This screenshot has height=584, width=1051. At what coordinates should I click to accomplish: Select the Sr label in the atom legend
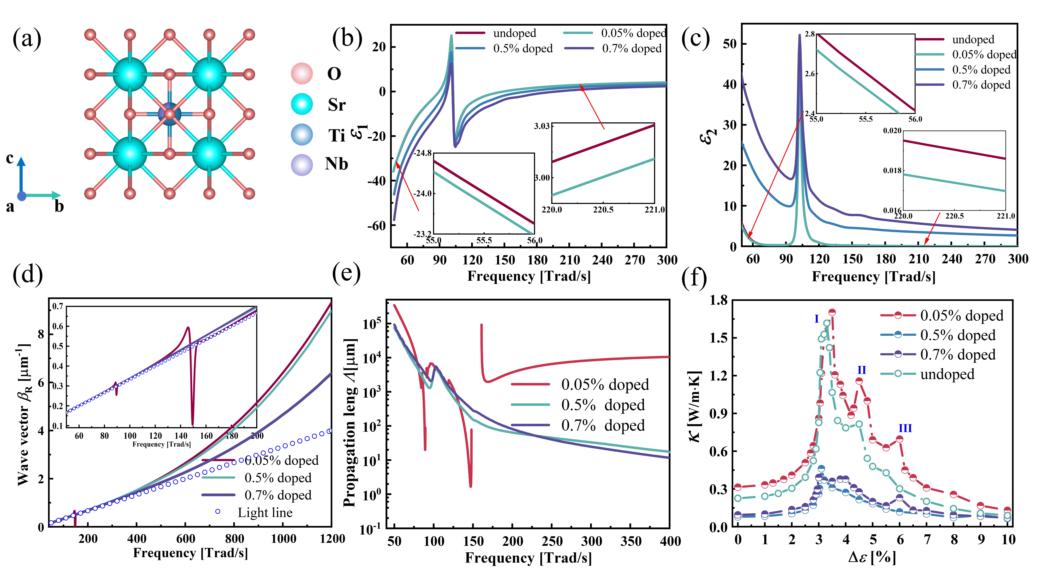click(337, 105)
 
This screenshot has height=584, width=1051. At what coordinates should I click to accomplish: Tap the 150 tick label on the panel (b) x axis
click(505, 260)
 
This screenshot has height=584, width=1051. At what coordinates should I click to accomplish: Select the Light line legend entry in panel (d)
click(255, 513)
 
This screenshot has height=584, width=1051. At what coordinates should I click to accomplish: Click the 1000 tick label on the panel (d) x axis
click(284, 539)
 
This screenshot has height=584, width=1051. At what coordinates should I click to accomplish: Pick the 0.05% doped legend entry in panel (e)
click(579, 384)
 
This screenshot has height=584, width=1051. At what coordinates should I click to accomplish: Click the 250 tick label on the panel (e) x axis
click(552, 542)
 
